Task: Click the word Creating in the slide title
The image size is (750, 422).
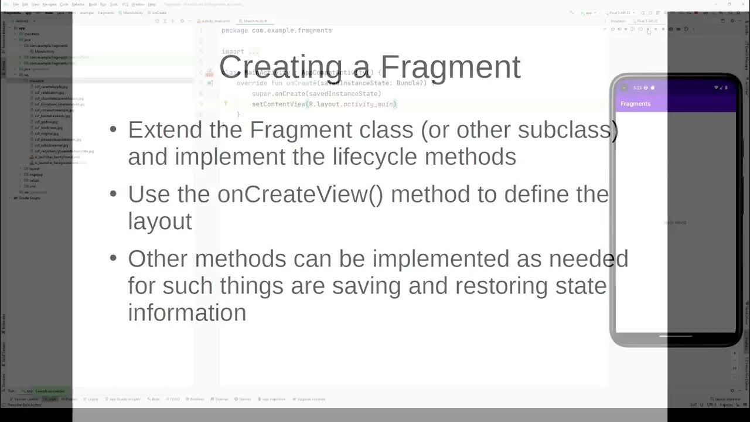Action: point(280,67)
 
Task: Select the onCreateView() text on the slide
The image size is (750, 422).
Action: point(300,195)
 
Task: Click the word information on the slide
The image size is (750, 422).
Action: point(187,313)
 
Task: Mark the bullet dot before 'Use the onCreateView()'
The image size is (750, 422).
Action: point(113,195)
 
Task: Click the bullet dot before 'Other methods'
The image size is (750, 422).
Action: point(113,259)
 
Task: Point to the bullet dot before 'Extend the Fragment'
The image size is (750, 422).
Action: point(113,130)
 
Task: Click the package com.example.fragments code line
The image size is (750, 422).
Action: point(277,30)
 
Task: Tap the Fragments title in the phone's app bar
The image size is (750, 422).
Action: point(635,104)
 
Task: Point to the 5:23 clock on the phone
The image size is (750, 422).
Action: point(637,88)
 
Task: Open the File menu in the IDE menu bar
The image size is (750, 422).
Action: point(16,4)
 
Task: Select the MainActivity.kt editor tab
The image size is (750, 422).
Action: point(255,21)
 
